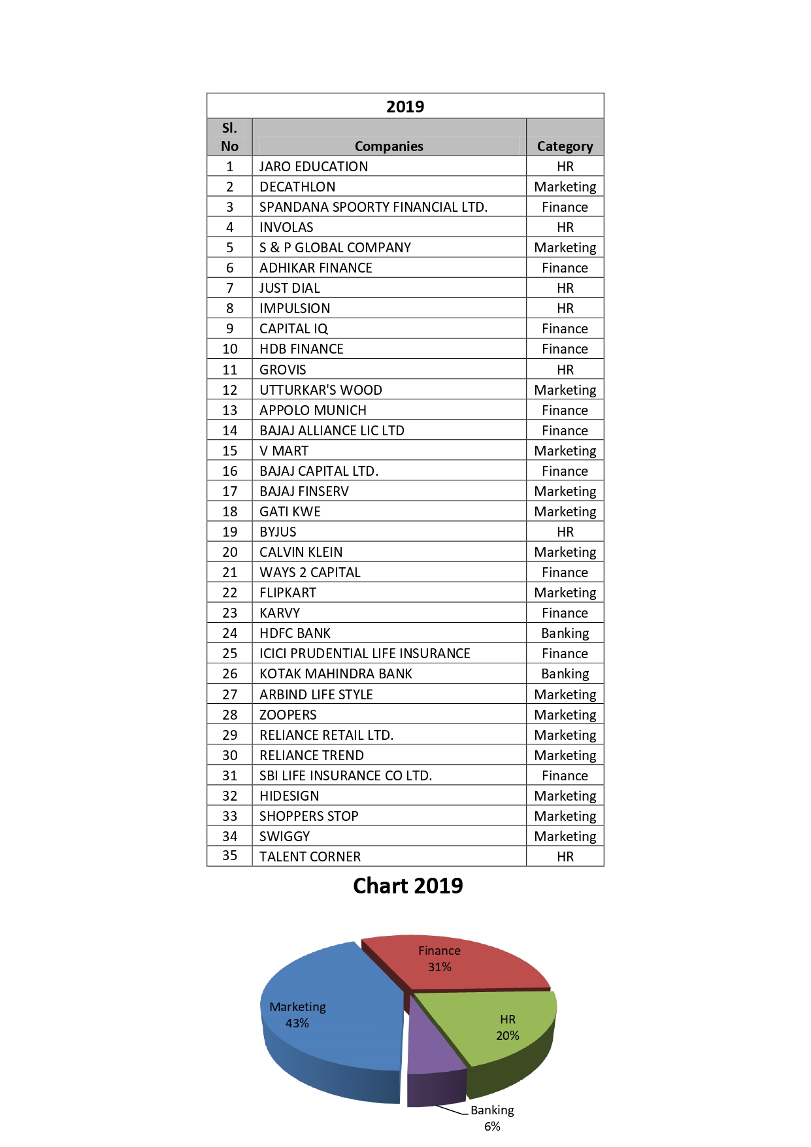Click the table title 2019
pyautogui.click(x=405, y=107)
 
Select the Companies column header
pyautogui.click(x=389, y=146)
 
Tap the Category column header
pyautogui.click(x=565, y=146)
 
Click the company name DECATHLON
pyautogui.click(x=297, y=187)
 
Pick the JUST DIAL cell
pyautogui.click(x=290, y=288)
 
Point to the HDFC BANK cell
pyautogui.click(x=295, y=633)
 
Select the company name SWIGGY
pyautogui.click(x=284, y=837)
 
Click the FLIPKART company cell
pyautogui.click(x=288, y=593)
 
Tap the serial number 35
pyautogui.click(x=229, y=856)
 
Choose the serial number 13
pyautogui.click(x=229, y=410)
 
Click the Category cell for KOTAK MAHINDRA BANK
pyautogui.click(x=565, y=674)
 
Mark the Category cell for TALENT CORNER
pyautogui.click(x=565, y=857)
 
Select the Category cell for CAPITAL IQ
pyautogui.click(x=565, y=329)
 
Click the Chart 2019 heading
pyautogui.click(x=408, y=886)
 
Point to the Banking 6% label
pyautogui.click(x=492, y=1118)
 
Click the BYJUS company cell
pyautogui.click(x=278, y=532)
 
